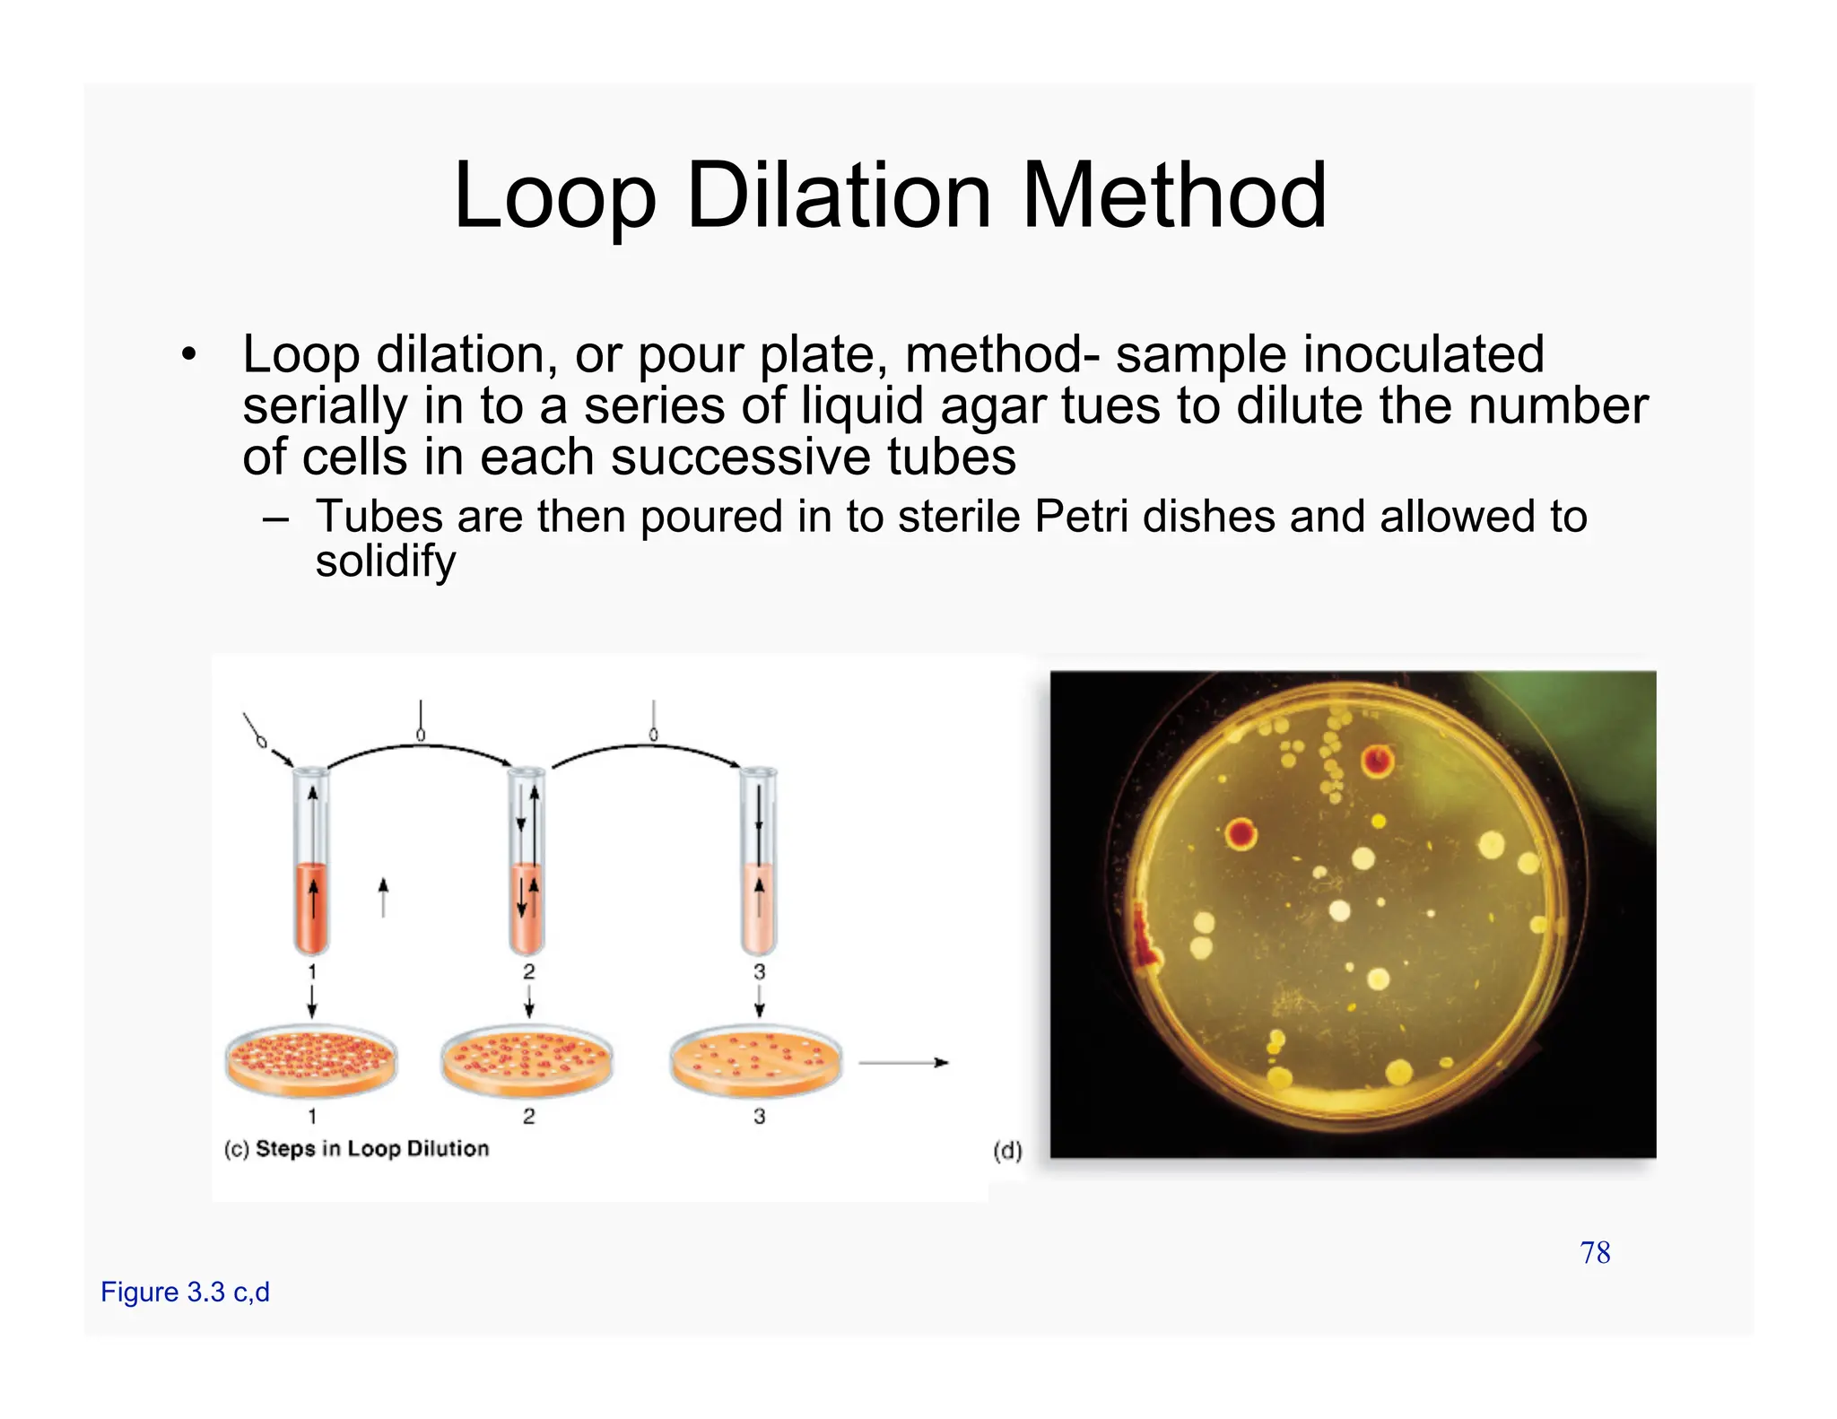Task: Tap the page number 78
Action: [1595, 1253]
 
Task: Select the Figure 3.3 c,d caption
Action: [185, 1293]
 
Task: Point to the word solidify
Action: [386, 562]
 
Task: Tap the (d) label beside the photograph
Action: [1007, 1151]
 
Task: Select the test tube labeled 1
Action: [311, 861]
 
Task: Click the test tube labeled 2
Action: [527, 861]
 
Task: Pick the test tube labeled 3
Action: [759, 861]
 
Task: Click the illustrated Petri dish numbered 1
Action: [310, 1060]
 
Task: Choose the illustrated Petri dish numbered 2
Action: [527, 1060]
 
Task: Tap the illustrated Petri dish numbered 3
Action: [757, 1060]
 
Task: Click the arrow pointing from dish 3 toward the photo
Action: [902, 1063]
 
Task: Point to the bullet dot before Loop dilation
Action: [187, 355]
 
